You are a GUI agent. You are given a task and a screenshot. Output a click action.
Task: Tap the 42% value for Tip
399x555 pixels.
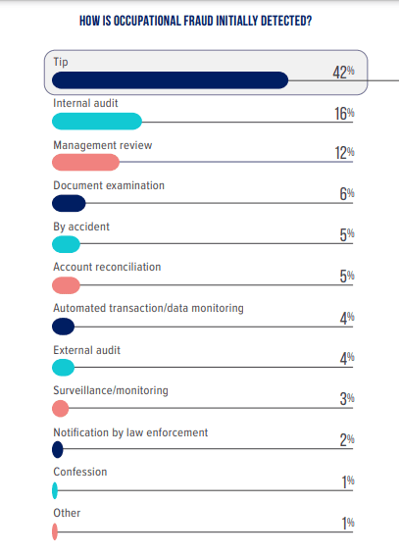(343, 72)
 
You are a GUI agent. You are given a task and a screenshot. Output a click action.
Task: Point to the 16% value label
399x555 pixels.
(344, 113)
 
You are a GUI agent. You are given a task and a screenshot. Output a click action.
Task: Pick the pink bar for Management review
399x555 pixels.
(85, 163)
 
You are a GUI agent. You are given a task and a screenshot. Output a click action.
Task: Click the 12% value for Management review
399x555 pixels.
(344, 154)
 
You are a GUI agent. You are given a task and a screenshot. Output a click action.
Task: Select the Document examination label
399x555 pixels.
(108, 185)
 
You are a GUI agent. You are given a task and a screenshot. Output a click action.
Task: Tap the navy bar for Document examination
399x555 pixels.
(69, 204)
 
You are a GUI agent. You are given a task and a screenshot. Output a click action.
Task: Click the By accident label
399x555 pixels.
(80, 227)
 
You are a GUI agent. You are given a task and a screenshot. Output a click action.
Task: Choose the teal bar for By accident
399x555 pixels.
(66, 245)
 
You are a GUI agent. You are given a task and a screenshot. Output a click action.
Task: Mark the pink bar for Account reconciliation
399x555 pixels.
(66, 285)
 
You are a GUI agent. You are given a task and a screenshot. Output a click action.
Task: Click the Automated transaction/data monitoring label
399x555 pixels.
(147, 308)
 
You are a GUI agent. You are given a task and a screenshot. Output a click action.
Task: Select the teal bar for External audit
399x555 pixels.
(63, 368)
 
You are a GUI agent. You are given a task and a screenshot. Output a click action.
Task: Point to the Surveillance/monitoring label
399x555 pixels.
(110, 390)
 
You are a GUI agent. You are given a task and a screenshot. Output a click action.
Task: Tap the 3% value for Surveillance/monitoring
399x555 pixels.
(347, 399)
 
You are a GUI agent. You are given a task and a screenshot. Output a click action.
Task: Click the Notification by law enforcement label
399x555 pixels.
(129, 431)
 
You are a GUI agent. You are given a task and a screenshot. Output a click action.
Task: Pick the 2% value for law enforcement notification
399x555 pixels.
(347, 440)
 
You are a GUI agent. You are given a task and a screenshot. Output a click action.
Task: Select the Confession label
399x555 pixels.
(79, 472)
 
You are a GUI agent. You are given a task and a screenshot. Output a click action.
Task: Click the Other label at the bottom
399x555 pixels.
(66, 513)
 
